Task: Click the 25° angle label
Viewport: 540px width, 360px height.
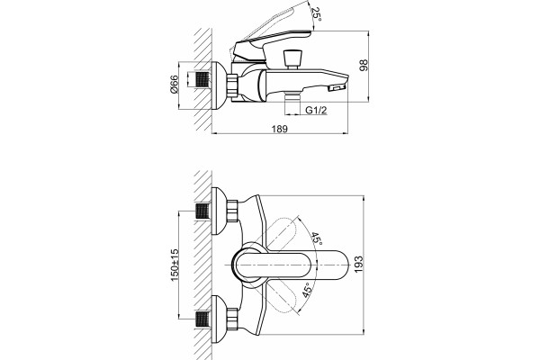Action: tap(316, 14)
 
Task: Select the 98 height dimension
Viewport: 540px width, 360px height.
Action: tap(364, 66)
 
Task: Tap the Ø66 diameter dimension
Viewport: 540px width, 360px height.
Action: tap(175, 84)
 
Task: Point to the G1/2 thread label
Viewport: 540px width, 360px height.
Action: tap(316, 110)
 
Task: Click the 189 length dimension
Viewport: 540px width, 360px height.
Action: tap(279, 129)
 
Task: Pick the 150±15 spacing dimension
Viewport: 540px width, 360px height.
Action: tap(175, 265)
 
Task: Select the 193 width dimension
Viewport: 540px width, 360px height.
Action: tap(358, 265)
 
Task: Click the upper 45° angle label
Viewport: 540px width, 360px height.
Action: tap(317, 238)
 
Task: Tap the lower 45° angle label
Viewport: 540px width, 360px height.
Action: tap(308, 290)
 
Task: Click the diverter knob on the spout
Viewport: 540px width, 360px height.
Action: tap(292, 59)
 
